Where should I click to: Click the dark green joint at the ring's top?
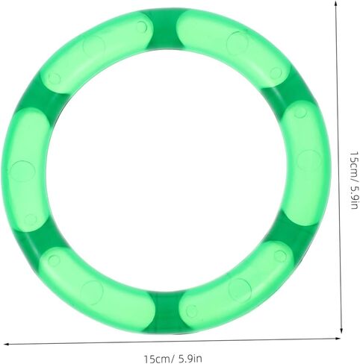coord(165,29)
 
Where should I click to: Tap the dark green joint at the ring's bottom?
coord(167,313)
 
